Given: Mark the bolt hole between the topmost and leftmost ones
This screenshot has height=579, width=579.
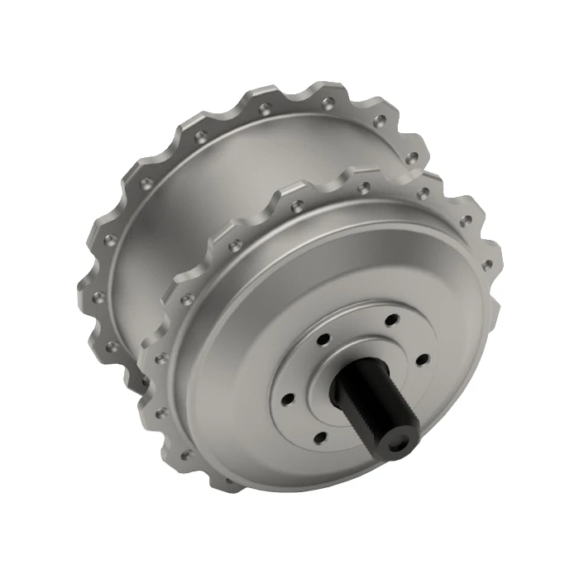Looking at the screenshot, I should click(323, 337).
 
